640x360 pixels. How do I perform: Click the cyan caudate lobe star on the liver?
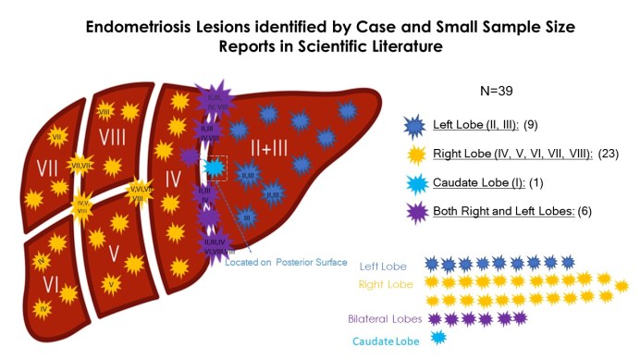click(215, 168)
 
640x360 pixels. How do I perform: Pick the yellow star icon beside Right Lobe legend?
click(415, 154)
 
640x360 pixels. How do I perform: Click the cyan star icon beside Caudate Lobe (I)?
click(415, 182)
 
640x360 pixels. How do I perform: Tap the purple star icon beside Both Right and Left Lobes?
click(415, 211)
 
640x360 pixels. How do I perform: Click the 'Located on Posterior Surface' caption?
click(286, 262)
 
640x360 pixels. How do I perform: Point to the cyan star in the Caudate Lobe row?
click(438, 338)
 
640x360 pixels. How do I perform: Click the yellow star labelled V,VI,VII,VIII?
click(140, 191)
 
